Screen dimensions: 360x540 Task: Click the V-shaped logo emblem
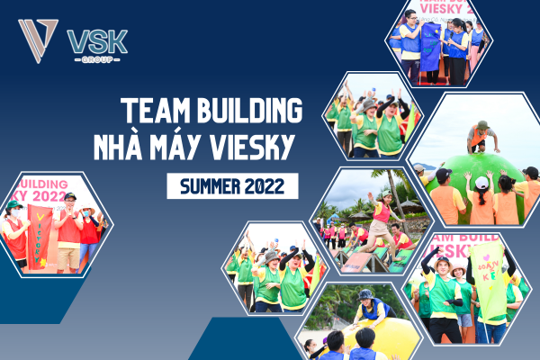(38, 40)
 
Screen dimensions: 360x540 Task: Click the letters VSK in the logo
(97, 40)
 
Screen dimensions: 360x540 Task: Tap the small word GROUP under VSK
(97, 58)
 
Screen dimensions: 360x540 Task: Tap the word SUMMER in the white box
(212, 186)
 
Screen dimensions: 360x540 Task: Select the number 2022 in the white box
(270, 186)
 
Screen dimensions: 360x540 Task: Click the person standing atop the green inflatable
(481, 137)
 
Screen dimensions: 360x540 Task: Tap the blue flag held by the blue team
(431, 45)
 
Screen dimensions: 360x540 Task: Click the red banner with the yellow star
(40, 236)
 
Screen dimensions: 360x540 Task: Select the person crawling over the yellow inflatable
(370, 310)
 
